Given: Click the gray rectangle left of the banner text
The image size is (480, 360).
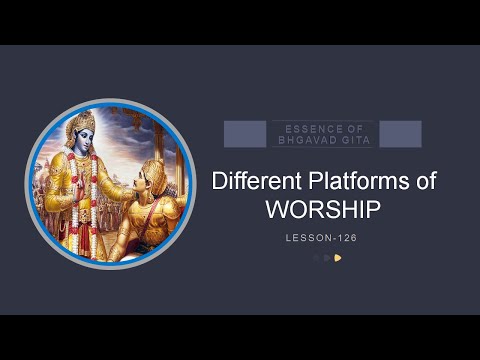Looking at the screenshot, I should coord(244,134).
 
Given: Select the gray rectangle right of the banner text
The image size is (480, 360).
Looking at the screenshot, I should coord(400,134).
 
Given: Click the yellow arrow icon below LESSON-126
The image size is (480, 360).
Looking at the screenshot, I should coord(338,257).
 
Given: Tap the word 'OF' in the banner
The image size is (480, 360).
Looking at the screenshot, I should coord(358,128).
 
